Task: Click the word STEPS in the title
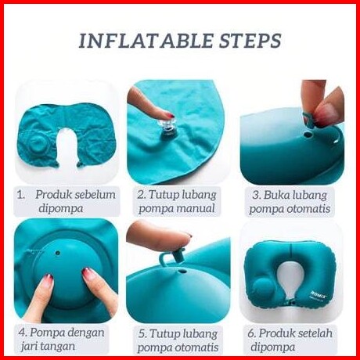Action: pyautogui.click(x=250, y=41)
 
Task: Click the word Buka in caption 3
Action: pyautogui.click(x=275, y=195)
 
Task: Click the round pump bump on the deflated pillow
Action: pyautogui.click(x=38, y=146)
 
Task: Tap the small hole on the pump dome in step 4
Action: pyautogui.click(x=58, y=253)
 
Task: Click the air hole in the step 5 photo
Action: pyautogui.click(x=183, y=272)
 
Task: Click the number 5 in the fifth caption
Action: pyautogui.click(x=142, y=334)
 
